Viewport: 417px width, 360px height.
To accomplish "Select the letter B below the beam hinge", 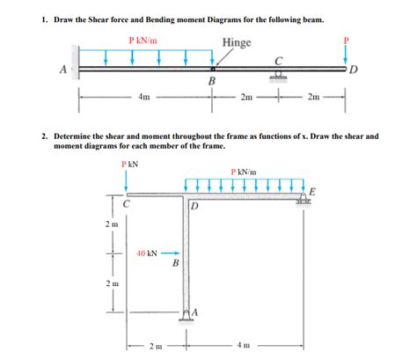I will pos(211,82).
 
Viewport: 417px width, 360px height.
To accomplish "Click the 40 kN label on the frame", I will pos(147,253).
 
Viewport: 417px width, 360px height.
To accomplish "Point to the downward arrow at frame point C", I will pos(128,181).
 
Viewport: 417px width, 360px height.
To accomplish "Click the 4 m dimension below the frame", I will pos(245,346).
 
